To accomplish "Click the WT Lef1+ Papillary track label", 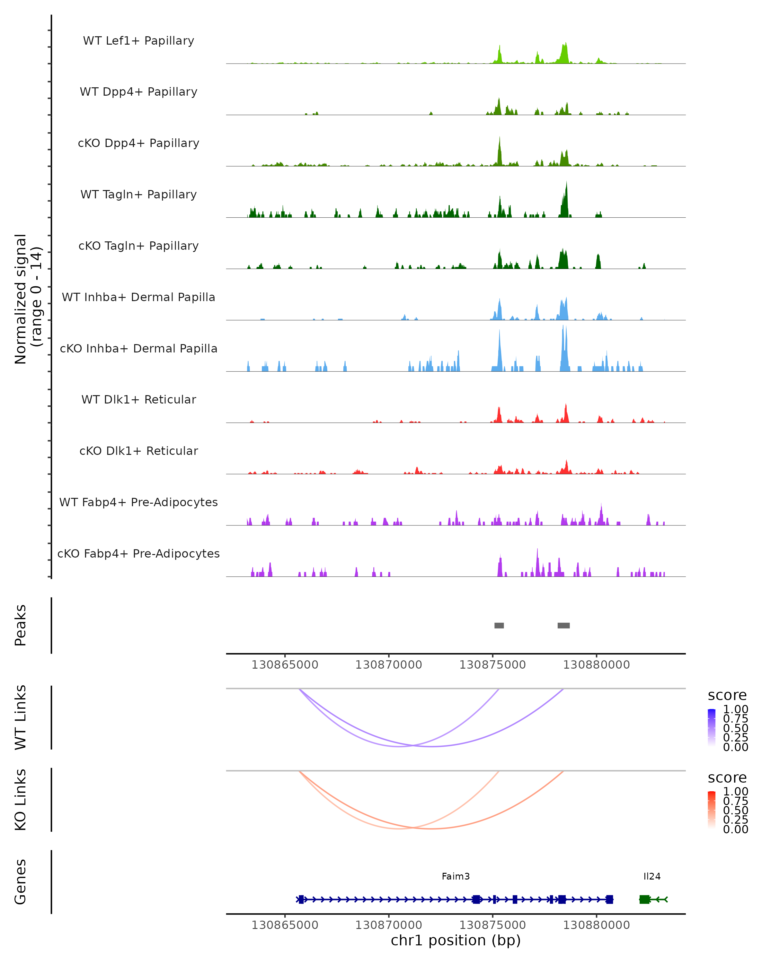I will [138, 41].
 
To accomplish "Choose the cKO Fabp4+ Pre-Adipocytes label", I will [138, 553].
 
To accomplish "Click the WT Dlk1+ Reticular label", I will [138, 399].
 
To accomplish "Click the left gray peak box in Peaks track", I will [499, 625].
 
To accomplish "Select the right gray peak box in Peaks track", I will [563, 625].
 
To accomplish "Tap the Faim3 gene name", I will [456, 876].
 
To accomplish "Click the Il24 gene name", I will [652, 876].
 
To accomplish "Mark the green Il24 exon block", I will [644, 899].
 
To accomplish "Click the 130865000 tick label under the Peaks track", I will [285, 665].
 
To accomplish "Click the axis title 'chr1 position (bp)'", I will [456, 940].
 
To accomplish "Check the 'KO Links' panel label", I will [21, 800].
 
